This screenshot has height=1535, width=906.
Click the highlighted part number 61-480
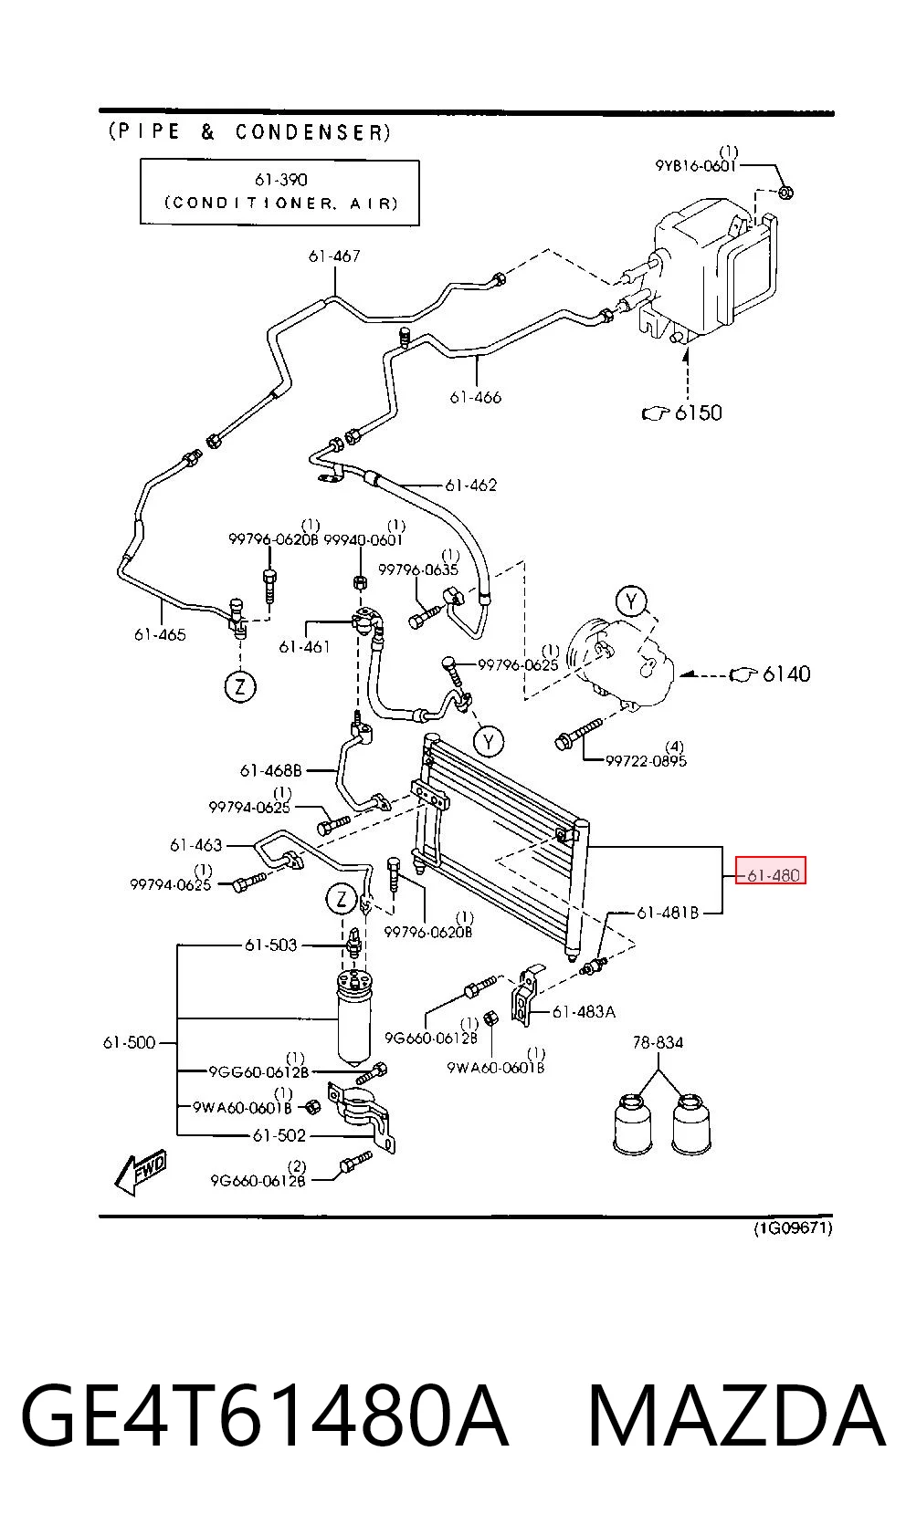click(773, 876)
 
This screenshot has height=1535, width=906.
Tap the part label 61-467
click(334, 256)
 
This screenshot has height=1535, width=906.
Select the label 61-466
click(475, 398)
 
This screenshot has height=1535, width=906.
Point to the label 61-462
click(470, 486)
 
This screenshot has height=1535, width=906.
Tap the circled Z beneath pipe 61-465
click(240, 686)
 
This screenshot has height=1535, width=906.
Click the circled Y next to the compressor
click(631, 602)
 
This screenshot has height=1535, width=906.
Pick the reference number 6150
click(698, 412)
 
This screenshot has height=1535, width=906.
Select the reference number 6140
click(786, 674)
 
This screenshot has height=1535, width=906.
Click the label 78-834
click(658, 1043)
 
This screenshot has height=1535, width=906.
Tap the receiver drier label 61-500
click(129, 1043)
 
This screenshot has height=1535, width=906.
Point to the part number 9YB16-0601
click(695, 166)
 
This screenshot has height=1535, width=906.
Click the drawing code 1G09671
click(793, 1228)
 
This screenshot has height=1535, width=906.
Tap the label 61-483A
click(584, 1011)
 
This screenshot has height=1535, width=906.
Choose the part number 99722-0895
click(646, 760)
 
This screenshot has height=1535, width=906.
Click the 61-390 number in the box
click(280, 180)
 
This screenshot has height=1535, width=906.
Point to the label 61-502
click(279, 1135)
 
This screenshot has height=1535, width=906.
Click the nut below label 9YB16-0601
click(787, 192)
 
